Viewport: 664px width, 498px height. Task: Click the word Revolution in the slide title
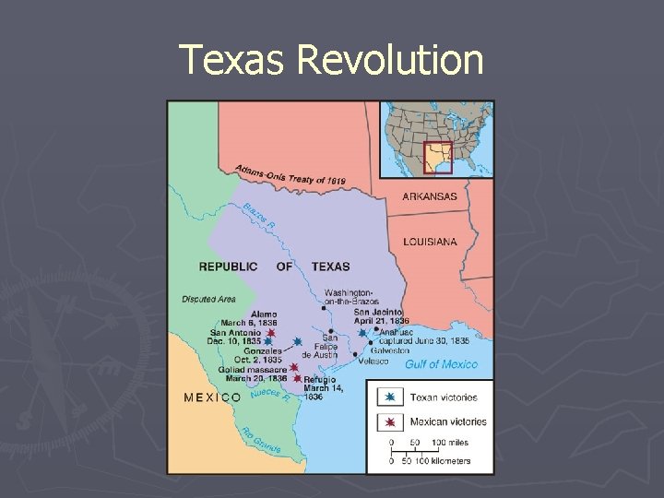tap(390, 60)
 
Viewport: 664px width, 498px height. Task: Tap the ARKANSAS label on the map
tap(430, 196)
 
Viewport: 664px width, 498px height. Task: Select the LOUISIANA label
tap(430, 242)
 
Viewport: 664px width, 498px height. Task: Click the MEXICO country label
tap(213, 397)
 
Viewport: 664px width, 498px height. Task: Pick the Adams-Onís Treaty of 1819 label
tap(291, 175)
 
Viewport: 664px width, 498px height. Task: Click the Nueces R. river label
tap(270, 397)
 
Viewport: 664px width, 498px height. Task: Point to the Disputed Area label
tap(208, 299)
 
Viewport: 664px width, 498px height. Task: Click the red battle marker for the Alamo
tap(271, 333)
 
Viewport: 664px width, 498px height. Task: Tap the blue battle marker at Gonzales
tap(298, 342)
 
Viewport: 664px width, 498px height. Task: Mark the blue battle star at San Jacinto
tap(362, 332)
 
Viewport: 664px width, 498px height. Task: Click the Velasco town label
tap(373, 361)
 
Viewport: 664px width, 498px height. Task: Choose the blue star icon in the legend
tap(390, 397)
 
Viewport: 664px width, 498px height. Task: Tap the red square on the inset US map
tap(437, 157)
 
